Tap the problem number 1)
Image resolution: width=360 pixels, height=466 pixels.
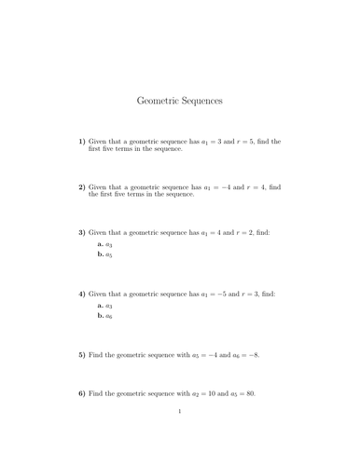(x=81, y=142)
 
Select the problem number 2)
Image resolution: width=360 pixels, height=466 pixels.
(x=81, y=186)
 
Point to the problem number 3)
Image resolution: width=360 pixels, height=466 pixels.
(x=81, y=232)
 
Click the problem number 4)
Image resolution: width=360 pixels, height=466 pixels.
(x=81, y=294)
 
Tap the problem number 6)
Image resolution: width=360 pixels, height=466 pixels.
(x=81, y=393)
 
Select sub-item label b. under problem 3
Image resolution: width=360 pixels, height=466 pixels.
(x=101, y=254)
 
